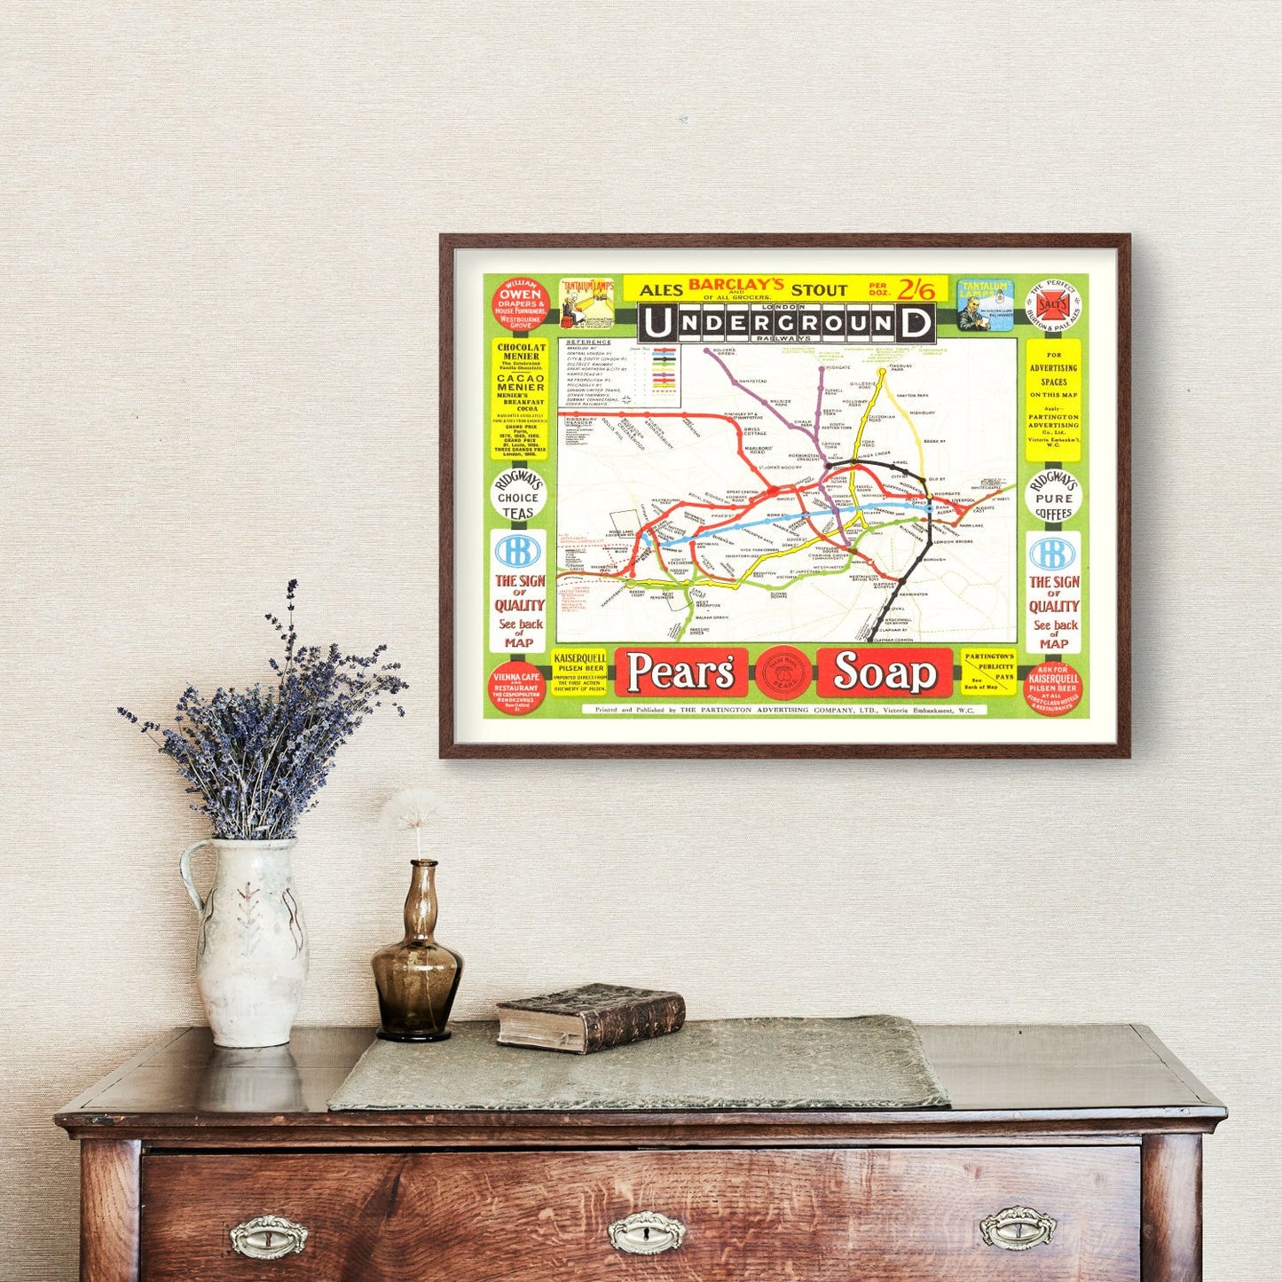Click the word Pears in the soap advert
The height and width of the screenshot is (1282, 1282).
click(680, 672)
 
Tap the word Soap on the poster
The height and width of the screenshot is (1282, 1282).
click(884, 672)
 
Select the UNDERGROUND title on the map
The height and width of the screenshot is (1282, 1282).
click(786, 323)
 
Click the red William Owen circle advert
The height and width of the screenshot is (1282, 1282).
click(521, 305)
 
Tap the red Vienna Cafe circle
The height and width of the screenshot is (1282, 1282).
click(516, 688)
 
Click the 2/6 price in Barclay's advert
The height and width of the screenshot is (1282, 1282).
click(915, 290)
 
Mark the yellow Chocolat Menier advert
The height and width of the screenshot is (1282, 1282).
click(521, 398)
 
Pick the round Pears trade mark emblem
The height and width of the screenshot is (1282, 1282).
click(783, 673)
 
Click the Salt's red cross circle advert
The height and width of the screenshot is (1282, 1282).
click(1053, 305)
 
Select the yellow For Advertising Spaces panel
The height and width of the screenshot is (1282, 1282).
click(1053, 399)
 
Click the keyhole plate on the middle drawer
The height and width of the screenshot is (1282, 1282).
click(646, 1231)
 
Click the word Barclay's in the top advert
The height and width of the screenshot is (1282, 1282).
click(736, 284)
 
